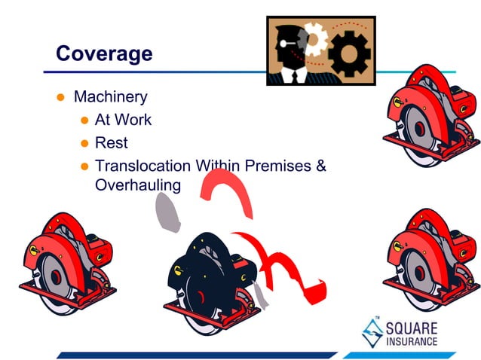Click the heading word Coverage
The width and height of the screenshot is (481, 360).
coord(104,54)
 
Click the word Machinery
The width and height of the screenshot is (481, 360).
coord(110,97)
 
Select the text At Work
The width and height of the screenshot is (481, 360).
coord(123,120)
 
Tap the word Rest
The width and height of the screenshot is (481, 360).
coord(112,143)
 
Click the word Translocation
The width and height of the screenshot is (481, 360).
coord(142,166)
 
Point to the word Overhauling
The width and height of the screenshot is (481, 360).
coord(138,185)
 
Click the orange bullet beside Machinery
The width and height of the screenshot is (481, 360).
coord(62,98)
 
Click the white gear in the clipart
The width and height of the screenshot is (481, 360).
coord(314,38)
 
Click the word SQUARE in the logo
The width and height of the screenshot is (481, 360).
coord(411,328)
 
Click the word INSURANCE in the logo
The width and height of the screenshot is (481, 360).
coord(411,341)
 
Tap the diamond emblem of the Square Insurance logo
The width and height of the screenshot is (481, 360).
coord(370,332)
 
